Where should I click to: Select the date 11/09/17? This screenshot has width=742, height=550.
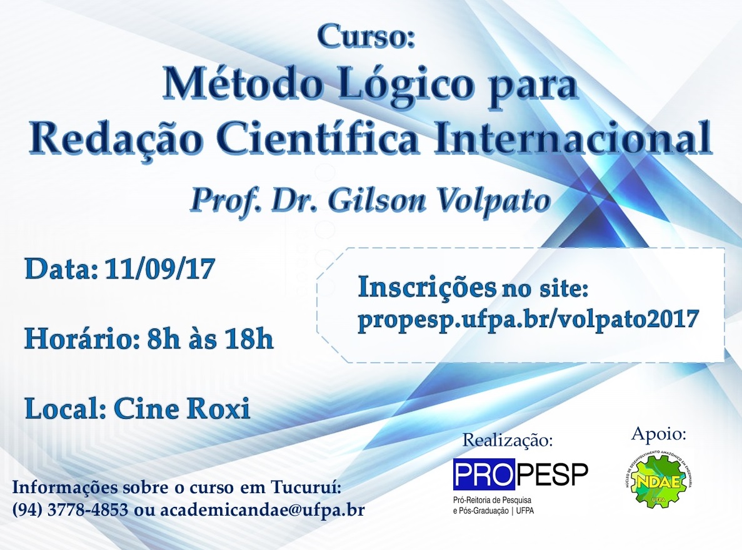pyautogui.click(x=161, y=269)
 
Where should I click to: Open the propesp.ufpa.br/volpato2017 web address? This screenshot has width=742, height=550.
pyautogui.click(x=528, y=320)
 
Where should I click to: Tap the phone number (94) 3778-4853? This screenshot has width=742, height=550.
pyautogui.click(x=71, y=510)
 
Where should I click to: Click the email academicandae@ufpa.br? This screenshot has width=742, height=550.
pyautogui.click(x=262, y=510)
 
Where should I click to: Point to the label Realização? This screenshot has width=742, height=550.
pyautogui.click(x=508, y=441)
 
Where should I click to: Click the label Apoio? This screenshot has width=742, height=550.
pyautogui.click(x=659, y=434)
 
